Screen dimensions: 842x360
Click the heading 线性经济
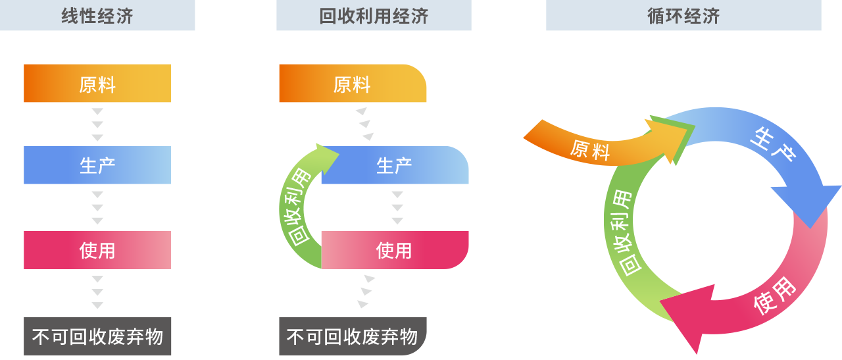(97, 16)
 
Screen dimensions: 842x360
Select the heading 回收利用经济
(374, 16)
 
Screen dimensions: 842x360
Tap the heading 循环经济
(683, 16)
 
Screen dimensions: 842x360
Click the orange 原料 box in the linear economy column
(97, 83)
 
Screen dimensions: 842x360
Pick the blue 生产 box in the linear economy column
(97, 165)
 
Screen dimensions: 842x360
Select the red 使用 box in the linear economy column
(97, 250)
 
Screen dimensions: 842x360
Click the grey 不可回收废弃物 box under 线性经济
(97, 336)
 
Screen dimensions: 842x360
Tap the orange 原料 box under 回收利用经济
(353, 83)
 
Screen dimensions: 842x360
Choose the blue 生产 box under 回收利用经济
(395, 165)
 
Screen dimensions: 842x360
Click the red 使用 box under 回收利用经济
(395, 250)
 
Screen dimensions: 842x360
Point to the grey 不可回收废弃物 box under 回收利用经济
(353, 336)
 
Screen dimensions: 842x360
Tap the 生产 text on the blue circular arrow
(773, 144)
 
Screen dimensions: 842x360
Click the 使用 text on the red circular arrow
(775, 296)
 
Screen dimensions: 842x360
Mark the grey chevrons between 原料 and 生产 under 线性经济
(97, 124)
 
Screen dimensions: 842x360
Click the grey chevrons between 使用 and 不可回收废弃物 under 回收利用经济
(366, 292)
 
